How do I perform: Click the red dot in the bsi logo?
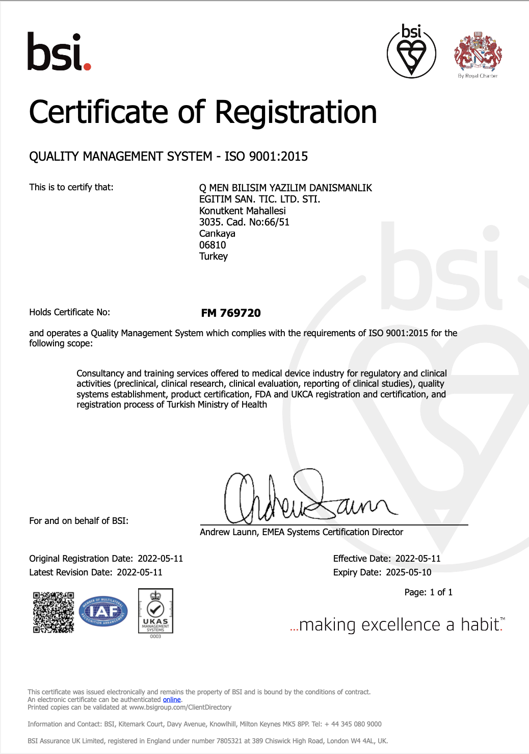[87, 66]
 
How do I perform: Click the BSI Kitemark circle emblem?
[411, 52]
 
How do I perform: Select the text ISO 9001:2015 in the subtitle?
[266, 157]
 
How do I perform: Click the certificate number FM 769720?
[231, 313]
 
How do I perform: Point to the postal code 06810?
[213, 245]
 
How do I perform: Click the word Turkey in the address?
[214, 257]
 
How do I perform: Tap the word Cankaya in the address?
[217, 234]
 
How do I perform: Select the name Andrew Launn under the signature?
[228, 532]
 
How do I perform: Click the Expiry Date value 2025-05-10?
[409, 572]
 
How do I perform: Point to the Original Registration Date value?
[160, 559]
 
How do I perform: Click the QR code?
[54, 612]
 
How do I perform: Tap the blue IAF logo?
[103, 611]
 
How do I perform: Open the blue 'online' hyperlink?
[172, 700]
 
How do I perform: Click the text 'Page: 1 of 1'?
[428, 592]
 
